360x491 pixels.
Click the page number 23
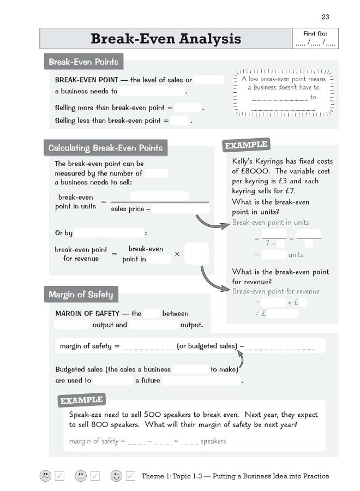pos(326,17)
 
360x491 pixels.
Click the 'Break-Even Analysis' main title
pos(165,39)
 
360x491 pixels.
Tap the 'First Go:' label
pos(315,34)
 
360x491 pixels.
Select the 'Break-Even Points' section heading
pos(83,62)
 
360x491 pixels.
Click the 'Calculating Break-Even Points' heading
pos(105,148)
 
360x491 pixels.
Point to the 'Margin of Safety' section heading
pos(81,295)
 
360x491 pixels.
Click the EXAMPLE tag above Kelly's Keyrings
pos(246,145)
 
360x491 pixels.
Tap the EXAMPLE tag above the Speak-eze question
pos(81,400)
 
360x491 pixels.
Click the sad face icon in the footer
pos(45,476)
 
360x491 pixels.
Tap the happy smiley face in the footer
pos(116,476)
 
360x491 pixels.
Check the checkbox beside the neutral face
pos(95,476)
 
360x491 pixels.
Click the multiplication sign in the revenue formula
pos(177,254)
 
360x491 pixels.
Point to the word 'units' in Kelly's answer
pos(296,255)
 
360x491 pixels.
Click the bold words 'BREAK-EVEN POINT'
pos(87,80)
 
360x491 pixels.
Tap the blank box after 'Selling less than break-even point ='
pos(179,121)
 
